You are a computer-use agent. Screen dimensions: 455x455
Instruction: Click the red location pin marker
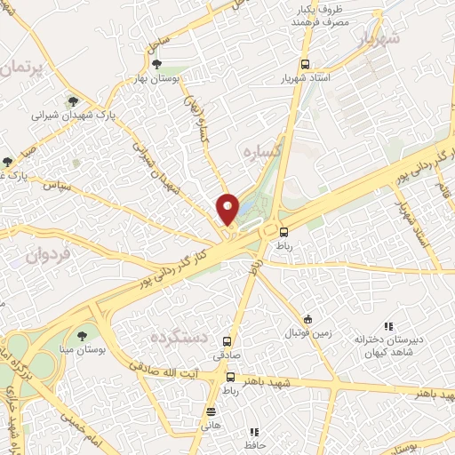[228, 210]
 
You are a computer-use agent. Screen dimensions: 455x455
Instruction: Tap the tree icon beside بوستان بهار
[157, 64]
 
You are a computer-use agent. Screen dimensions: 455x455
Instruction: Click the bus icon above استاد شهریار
[305, 64]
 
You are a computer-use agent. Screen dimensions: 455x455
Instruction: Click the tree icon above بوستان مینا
[82, 336]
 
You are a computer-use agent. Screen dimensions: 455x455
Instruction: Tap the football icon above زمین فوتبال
[307, 319]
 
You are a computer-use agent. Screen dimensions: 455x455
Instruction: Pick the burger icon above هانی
[211, 411]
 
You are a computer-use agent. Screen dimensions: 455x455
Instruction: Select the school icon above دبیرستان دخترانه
[387, 326]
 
